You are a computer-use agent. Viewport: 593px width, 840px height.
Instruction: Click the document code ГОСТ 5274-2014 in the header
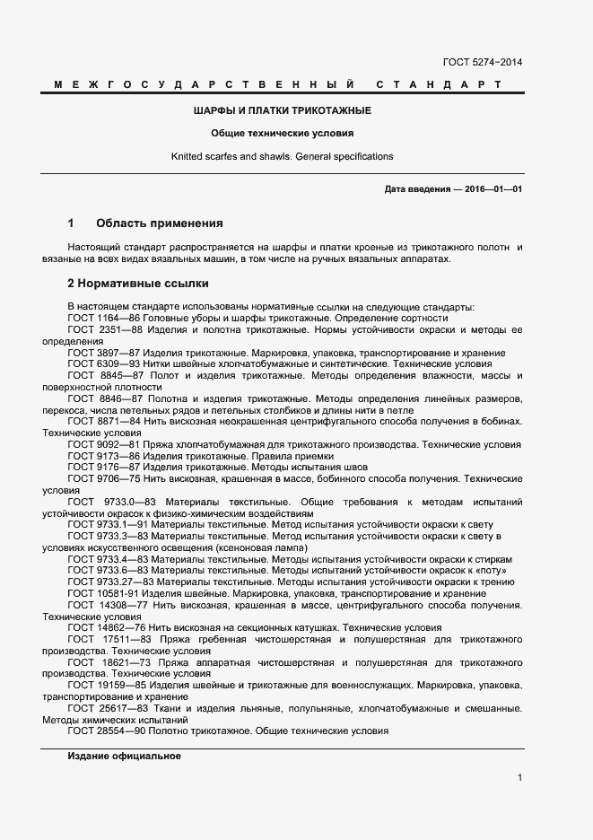[x=483, y=63]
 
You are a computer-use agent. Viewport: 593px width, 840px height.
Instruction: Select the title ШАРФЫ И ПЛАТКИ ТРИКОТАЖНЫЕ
[x=283, y=110]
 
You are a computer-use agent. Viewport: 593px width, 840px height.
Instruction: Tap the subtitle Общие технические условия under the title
[x=283, y=133]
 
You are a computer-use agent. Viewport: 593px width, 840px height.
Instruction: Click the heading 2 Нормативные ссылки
[x=138, y=284]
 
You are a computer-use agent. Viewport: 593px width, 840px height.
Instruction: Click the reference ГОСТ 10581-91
[x=105, y=593]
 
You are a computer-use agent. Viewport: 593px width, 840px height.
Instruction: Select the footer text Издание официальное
[x=124, y=756]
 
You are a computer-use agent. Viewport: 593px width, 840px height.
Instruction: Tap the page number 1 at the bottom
[x=520, y=777]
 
